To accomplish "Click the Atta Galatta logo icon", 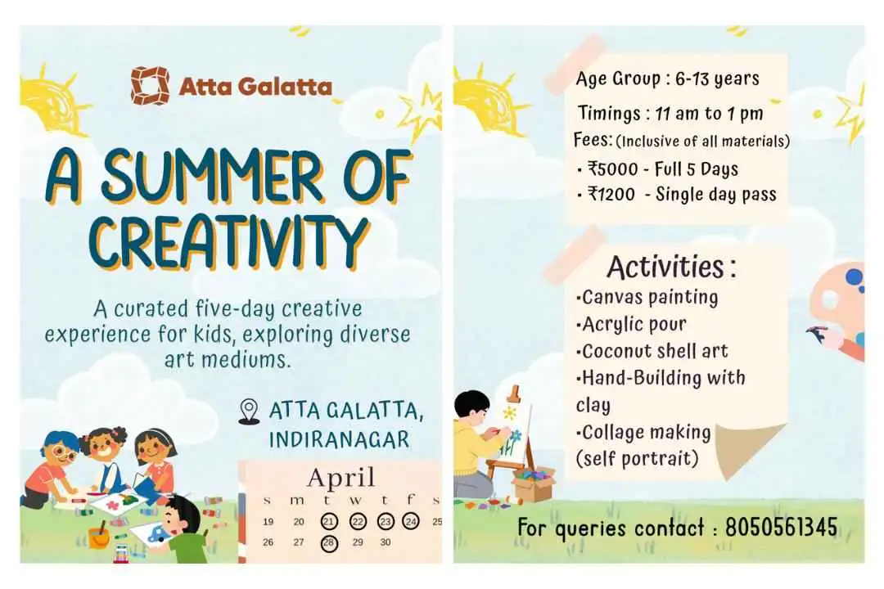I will (x=149, y=85).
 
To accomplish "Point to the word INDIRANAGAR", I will (x=339, y=439).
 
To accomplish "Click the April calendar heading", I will (x=341, y=477).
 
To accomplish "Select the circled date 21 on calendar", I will (x=329, y=521).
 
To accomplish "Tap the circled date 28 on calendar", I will (x=329, y=542).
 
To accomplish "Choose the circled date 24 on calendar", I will (x=411, y=521).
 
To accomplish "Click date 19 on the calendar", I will (x=268, y=521).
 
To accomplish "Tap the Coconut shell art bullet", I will (x=652, y=352).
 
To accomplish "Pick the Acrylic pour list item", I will (x=632, y=324).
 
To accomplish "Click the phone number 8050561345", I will (x=781, y=528).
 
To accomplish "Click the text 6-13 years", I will (x=717, y=79).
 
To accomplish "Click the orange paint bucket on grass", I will (x=99, y=537).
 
